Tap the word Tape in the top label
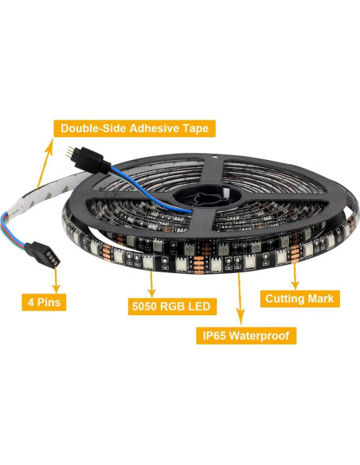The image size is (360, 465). coord(196,127)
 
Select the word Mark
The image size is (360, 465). coord(324,299)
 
